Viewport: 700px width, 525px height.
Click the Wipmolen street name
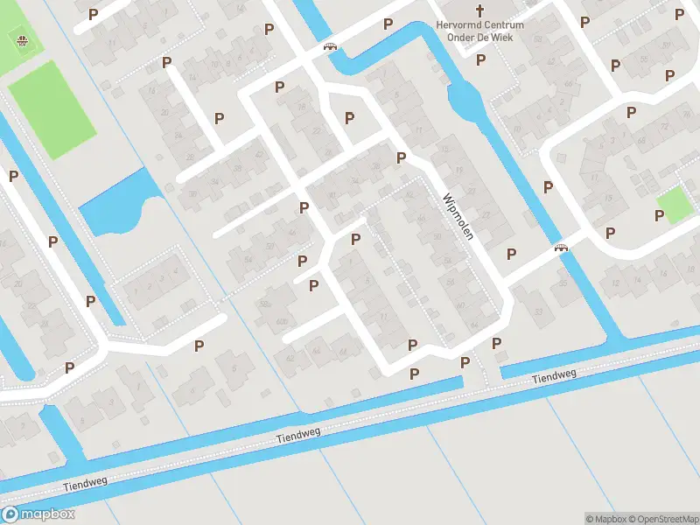458,218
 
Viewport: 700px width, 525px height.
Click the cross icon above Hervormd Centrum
480,10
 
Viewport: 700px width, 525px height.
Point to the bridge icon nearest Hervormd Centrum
331,47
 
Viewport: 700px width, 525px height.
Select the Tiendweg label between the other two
298,433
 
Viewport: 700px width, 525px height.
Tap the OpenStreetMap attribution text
663,519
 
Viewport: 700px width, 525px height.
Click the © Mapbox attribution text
606,519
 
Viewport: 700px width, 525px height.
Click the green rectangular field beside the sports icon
52,109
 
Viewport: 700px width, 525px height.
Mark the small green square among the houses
675,204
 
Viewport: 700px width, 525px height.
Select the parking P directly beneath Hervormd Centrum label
480,60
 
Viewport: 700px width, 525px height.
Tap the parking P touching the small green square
660,215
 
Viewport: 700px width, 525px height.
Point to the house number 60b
282,322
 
